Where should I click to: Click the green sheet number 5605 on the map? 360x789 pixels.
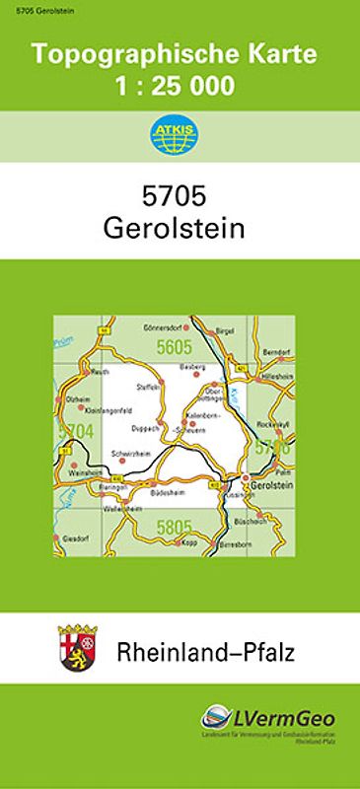coord(174,344)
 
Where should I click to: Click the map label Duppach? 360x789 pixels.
coord(144,429)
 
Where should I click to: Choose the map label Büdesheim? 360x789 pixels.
coord(163,491)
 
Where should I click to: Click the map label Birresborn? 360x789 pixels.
coord(226,542)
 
